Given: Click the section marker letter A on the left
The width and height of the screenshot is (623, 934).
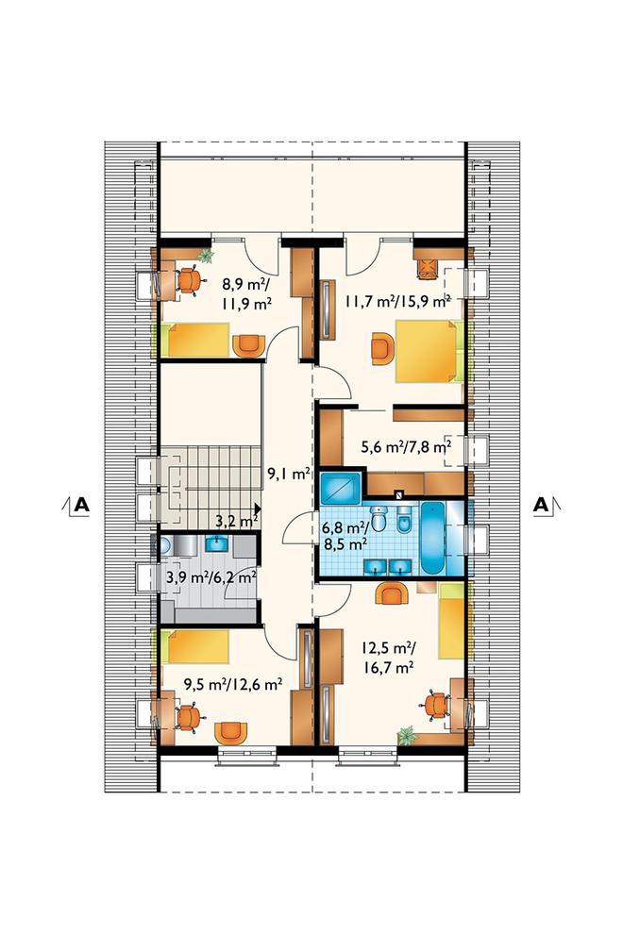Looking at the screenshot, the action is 81,505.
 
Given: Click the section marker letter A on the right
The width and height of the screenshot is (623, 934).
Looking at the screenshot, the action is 541,505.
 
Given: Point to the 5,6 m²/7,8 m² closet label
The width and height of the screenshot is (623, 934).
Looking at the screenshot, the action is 406,446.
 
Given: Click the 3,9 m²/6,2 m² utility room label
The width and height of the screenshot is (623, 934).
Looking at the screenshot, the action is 211,577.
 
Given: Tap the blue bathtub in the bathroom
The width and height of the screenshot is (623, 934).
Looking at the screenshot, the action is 432,538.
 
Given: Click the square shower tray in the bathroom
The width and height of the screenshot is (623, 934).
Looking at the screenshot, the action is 341,488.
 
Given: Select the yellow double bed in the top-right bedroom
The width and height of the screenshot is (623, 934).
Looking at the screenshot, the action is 427,352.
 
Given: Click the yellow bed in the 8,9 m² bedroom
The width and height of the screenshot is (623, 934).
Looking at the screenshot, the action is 198,341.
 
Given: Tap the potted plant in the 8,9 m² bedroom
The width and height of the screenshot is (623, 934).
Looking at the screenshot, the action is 206,256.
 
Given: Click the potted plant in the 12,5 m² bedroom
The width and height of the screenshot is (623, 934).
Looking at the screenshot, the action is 407,736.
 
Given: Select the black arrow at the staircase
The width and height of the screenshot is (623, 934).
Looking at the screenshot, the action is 257,509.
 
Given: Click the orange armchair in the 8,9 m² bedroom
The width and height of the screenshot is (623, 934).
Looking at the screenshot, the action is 248,345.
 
